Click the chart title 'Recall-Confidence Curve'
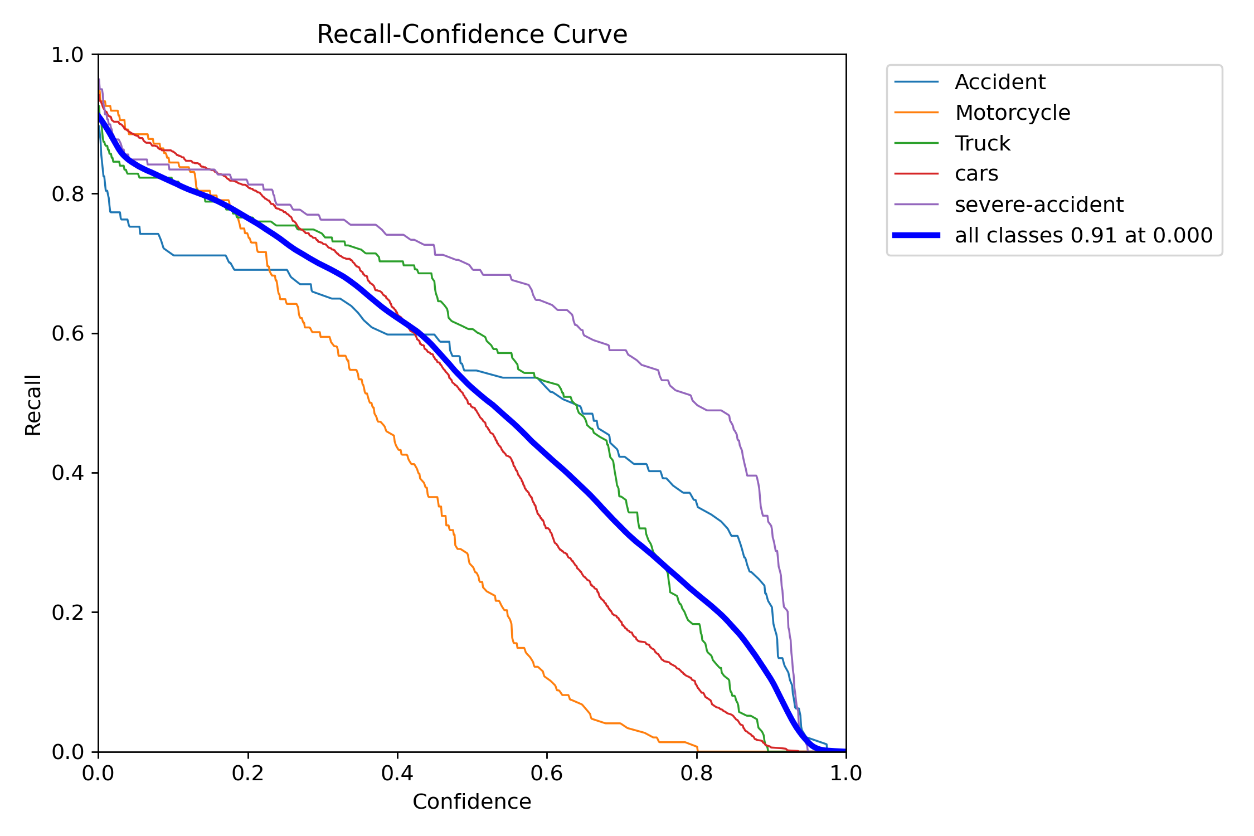point(472,35)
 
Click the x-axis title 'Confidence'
point(472,801)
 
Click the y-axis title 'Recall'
point(33,405)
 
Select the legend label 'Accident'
point(1000,82)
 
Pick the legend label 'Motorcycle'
point(1012,113)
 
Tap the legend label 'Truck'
point(982,144)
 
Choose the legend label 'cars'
point(976,174)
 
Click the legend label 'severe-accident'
point(1039,205)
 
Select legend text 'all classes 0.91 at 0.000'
point(1083,235)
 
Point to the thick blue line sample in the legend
point(916,235)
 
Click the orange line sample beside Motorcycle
point(916,113)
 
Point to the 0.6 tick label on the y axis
point(67,333)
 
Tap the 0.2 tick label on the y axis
point(67,613)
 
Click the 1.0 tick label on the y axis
point(67,55)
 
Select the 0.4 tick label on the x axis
point(397,774)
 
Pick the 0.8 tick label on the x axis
point(696,774)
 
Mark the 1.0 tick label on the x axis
point(846,774)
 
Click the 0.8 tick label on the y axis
point(67,194)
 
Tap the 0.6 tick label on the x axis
point(547,774)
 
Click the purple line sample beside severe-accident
point(916,205)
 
